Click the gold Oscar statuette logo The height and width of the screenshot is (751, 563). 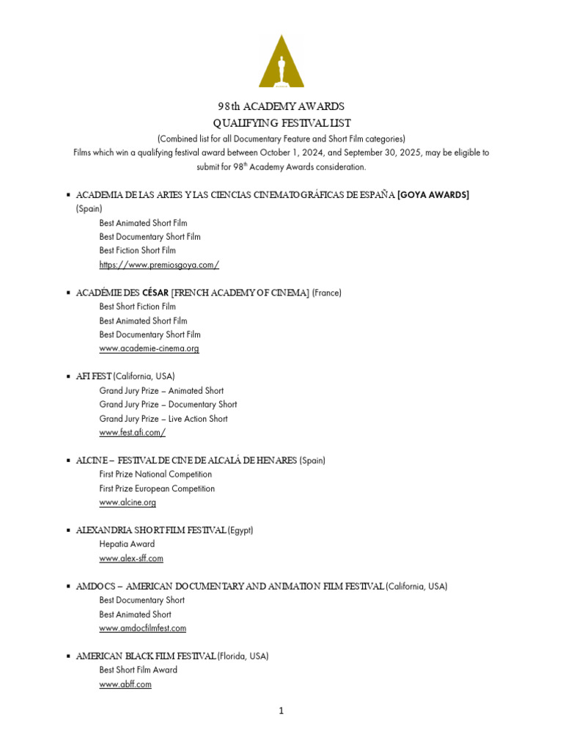pos(281,62)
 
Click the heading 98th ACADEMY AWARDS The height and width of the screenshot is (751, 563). pos(281,106)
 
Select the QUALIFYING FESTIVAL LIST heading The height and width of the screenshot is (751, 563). pos(281,122)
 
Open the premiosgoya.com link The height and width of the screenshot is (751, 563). pos(159,264)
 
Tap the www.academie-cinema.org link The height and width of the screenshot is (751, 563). pos(149,348)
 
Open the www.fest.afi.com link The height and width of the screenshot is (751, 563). pos(132,433)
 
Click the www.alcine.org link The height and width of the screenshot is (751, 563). pos(128,502)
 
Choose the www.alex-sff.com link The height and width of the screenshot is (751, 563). pos(131,558)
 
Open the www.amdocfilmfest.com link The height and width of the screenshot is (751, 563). pos(142,628)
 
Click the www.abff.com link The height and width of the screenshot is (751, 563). pos(125,684)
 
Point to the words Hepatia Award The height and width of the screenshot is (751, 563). pos(127,544)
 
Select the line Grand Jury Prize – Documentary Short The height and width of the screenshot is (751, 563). pos(168,404)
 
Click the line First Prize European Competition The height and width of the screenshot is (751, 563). pos(157,488)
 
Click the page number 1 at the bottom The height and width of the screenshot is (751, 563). pos(281,711)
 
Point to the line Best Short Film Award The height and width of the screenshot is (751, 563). pos(138,670)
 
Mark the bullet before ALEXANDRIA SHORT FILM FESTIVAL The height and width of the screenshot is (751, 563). pos(67,530)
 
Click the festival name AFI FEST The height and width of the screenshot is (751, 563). pos(94,376)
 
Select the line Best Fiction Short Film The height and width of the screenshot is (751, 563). pos(138,250)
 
